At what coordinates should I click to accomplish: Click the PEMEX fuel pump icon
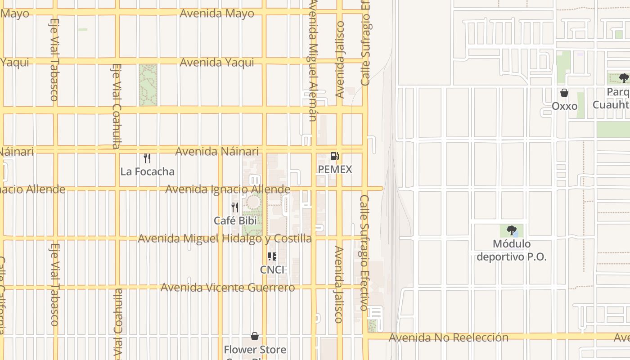334,156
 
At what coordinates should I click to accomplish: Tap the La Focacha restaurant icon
147,158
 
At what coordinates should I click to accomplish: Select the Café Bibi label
235,220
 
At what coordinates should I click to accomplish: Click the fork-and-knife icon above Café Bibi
235,207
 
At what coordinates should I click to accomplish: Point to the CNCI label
272,270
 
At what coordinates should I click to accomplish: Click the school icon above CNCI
272,256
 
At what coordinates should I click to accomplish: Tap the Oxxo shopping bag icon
564,93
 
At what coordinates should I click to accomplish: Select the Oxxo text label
564,106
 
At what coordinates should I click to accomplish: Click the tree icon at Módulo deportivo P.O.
511,230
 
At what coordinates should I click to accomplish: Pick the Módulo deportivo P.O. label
511,250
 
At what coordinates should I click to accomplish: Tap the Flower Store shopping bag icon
255,336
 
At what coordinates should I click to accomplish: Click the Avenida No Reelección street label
448,337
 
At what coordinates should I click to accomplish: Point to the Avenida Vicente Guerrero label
228,287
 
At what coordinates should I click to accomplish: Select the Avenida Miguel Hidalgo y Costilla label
225,238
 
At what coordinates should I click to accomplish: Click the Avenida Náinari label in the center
217,151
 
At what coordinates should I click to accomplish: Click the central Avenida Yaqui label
217,62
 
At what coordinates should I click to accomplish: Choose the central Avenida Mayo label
217,13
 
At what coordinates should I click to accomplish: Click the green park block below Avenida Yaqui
148,85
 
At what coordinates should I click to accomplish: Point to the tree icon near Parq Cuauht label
624,78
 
